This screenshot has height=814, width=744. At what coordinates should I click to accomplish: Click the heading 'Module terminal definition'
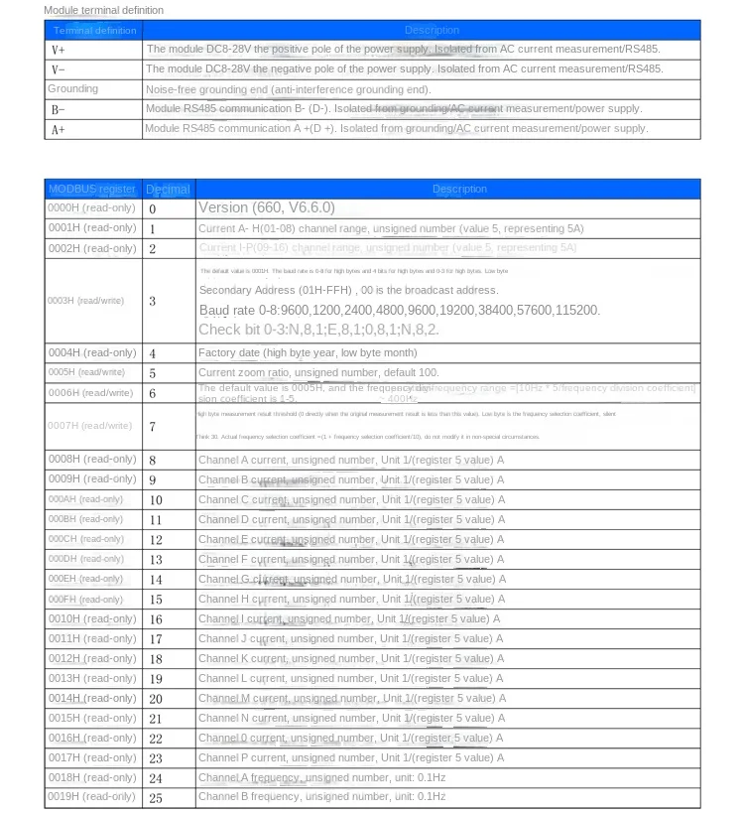point(104,10)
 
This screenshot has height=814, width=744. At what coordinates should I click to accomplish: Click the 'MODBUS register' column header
point(92,189)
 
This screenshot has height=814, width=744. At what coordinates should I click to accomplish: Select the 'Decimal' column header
point(168,189)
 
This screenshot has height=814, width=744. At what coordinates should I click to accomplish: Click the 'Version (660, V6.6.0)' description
point(267,207)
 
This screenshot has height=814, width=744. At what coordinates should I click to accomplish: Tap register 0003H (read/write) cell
point(86,301)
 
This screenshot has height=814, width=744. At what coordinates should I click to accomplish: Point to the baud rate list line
point(399,311)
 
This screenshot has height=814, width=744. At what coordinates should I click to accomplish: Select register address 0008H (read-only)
point(92,460)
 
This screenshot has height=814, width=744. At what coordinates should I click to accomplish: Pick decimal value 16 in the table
point(156,619)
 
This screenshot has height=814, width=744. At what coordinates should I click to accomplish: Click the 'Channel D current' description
point(351,519)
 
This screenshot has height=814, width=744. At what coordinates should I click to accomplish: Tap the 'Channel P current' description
point(351,757)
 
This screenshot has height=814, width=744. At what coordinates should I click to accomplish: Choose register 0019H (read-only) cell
point(92,797)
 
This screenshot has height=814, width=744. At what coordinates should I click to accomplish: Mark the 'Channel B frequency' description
point(322,797)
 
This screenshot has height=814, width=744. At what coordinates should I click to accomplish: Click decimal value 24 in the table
point(156,778)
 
